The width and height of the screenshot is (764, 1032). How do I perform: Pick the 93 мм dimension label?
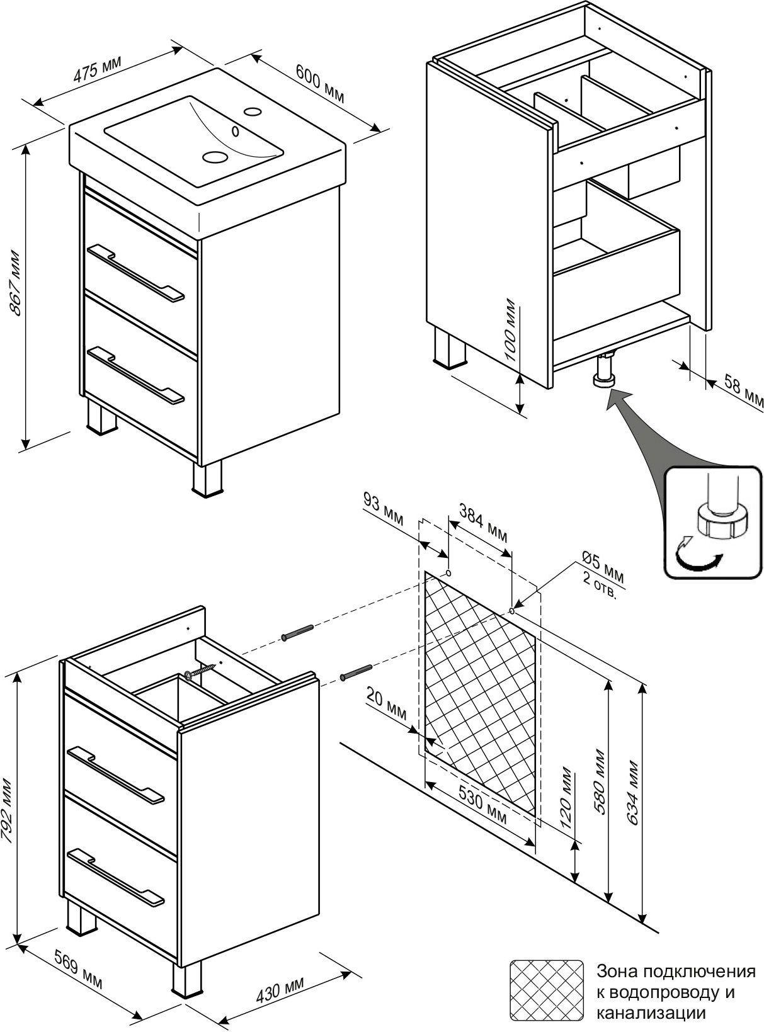[384, 509]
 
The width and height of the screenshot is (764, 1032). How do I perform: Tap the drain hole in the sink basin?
[215, 157]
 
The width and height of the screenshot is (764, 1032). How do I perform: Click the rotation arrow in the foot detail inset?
[697, 555]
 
